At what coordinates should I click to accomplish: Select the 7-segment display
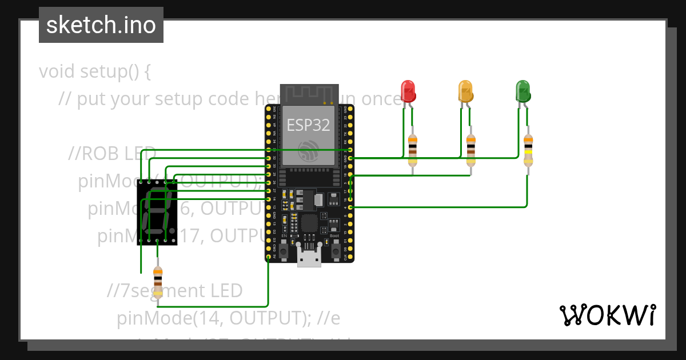(157, 212)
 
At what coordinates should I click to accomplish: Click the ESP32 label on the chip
(308, 125)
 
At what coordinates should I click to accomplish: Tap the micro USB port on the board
(309, 258)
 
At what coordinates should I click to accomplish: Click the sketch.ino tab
(101, 25)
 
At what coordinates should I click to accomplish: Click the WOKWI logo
(607, 315)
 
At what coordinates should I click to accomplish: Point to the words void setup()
(95, 72)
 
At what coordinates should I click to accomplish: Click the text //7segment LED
(175, 291)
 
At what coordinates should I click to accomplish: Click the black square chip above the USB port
(309, 223)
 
